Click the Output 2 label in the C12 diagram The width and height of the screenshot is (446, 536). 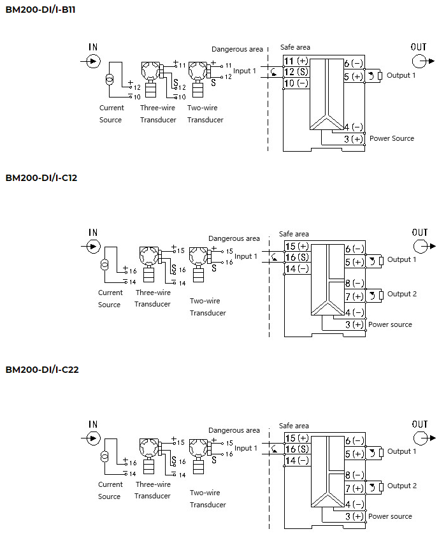tap(401, 294)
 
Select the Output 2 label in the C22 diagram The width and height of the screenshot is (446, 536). tap(401, 486)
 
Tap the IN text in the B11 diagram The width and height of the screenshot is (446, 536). tap(94, 47)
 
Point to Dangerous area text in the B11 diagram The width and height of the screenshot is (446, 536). tap(237, 49)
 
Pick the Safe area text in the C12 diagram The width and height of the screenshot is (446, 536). tap(294, 234)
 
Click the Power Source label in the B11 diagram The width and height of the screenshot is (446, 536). tap(391, 138)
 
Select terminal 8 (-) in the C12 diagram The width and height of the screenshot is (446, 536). tap(354, 283)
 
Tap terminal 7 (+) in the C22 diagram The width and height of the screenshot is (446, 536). tap(354, 488)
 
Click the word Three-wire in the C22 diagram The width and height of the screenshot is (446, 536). tap(153, 484)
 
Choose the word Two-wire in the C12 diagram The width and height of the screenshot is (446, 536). tap(205, 301)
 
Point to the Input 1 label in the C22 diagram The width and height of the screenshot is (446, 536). tap(246, 448)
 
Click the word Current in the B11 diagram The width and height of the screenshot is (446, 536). tap(111, 108)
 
